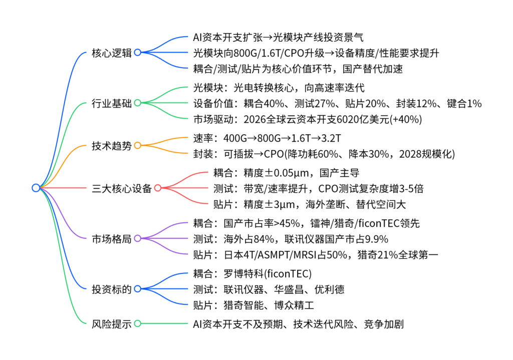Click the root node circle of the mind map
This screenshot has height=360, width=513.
(36, 188)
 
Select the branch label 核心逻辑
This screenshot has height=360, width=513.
(111, 53)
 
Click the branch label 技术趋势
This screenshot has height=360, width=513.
(111, 146)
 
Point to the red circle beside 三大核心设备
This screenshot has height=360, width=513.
(158, 188)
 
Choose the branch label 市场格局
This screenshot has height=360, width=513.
(111, 239)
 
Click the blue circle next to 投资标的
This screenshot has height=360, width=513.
(137, 289)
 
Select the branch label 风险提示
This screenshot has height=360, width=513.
(111, 324)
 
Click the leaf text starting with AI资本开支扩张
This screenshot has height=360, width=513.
(278, 38)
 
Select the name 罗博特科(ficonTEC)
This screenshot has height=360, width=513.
(268, 274)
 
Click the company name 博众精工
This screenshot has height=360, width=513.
(295, 305)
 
